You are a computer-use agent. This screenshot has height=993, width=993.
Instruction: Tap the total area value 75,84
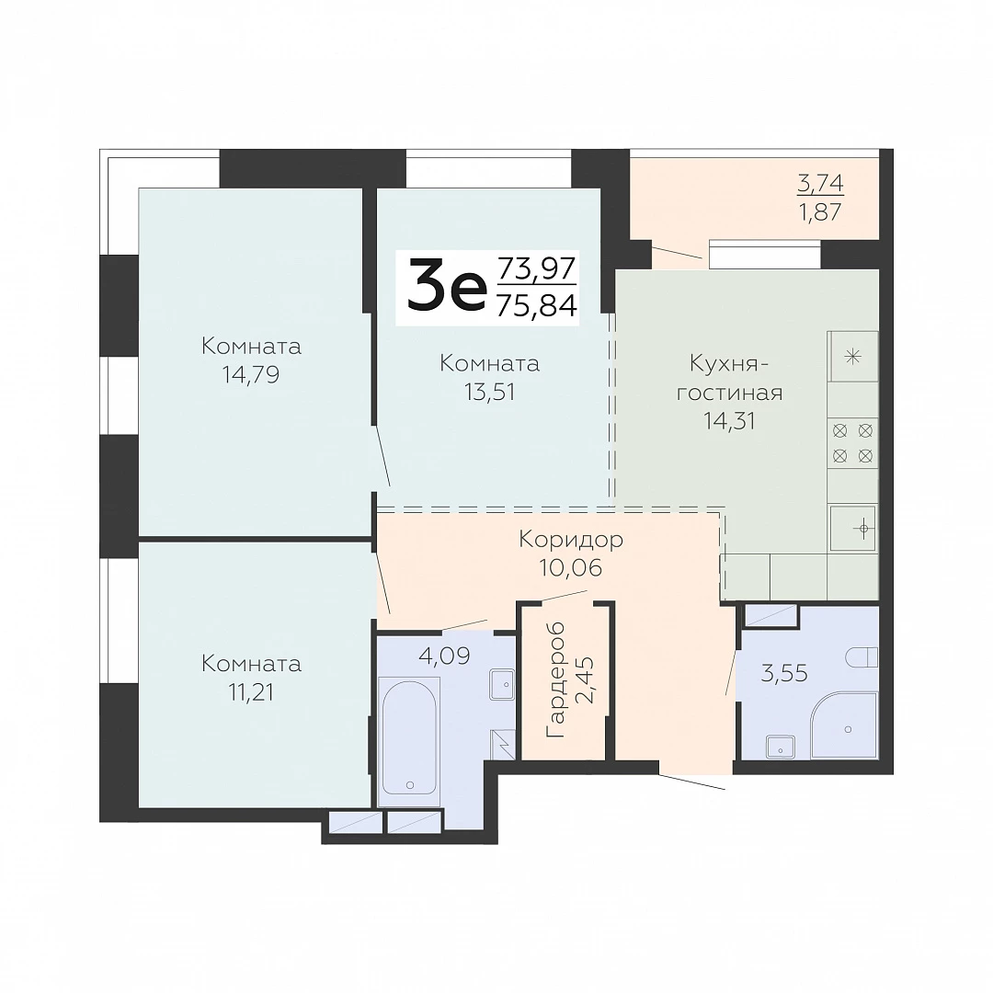[537, 306]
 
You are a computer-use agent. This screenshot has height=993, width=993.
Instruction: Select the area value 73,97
[537, 268]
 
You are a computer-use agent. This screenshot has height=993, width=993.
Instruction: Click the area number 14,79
[251, 375]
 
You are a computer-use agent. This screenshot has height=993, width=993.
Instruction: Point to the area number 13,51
[489, 392]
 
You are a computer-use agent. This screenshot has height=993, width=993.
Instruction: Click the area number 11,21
[251, 692]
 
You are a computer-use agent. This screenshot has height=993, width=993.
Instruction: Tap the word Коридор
[571, 541]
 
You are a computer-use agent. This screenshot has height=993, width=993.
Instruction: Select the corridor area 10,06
[571, 567]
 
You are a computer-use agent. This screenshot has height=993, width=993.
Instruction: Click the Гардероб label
[555, 679]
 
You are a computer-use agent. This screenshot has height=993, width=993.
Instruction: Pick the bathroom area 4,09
[445, 656]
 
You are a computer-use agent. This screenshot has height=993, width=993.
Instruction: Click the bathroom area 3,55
[784, 673]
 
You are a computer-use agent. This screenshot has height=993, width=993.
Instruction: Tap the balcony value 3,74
[821, 183]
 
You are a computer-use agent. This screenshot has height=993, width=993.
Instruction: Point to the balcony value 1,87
[821, 212]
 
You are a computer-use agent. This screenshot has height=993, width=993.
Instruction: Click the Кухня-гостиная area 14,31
[729, 420]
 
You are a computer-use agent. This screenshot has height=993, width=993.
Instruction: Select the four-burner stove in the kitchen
[852, 443]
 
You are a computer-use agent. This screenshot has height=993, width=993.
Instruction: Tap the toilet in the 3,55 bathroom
[862, 656]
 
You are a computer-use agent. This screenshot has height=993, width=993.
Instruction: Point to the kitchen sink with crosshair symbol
[852, 528]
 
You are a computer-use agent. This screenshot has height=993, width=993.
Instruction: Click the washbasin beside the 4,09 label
[502, 684]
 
